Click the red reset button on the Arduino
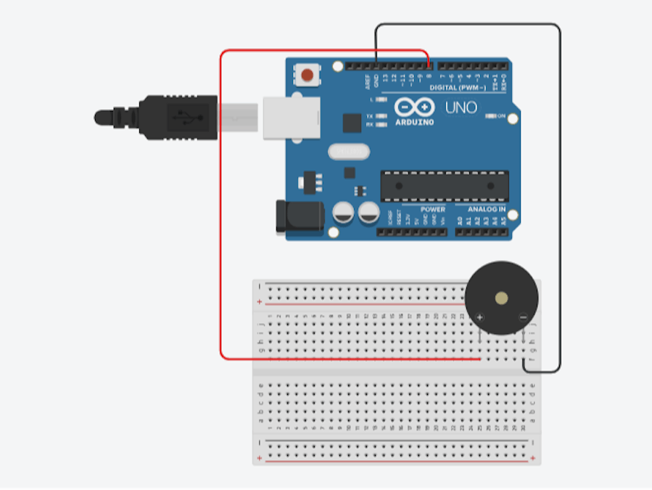(308, 74)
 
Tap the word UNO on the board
(461, 108)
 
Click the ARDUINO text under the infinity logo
(414, 123)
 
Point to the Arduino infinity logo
(414, 107)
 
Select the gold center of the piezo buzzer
(501, 297)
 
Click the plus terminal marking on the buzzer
(479, 317)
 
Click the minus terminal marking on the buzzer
(523, 317)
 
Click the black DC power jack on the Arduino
(295, 216)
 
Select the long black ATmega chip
(444, 186)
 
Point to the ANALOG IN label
(486, 209)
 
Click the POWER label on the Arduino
(433, 209)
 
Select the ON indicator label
(500, 115)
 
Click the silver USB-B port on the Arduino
(291, 116)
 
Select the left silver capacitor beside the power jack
(343, 213)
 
